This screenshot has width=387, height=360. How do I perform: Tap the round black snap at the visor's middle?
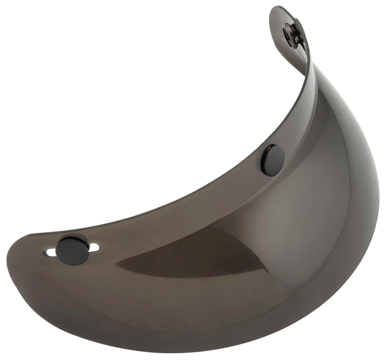pyautogui.click(x=272, y=159)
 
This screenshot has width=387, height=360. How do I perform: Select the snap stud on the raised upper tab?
pyautogui.click(x=293, y=35)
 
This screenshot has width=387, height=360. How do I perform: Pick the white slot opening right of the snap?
pyautogui.click(x=95, y=247)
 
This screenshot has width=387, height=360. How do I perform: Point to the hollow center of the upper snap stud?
pyautogui.click(x=290, y=35)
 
